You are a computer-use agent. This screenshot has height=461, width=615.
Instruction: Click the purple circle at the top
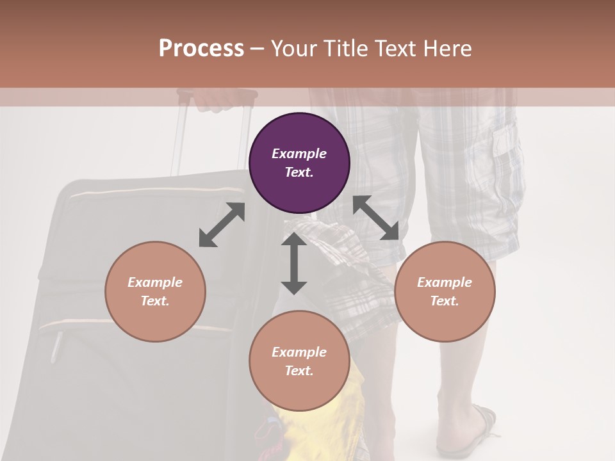point(299,163)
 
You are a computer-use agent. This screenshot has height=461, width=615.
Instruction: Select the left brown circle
point(155,291)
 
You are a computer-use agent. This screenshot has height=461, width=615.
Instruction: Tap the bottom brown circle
point(299,361)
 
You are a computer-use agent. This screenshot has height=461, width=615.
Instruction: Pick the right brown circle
point(445,291)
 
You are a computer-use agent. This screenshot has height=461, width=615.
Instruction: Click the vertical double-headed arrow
point(294,263)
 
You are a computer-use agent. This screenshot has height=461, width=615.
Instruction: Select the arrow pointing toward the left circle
point(222,225)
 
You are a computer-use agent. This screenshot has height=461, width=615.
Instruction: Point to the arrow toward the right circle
point(376,218)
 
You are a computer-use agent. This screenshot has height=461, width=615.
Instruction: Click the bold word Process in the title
point(201,49)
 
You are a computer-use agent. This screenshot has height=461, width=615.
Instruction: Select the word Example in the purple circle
point(299,154)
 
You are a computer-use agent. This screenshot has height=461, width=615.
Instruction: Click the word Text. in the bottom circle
point(299,371)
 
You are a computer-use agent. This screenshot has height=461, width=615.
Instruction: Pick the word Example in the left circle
point(155,282)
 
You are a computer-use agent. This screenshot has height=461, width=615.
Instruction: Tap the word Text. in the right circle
point(445,301)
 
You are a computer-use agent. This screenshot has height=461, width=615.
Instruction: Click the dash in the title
point(258,49)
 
